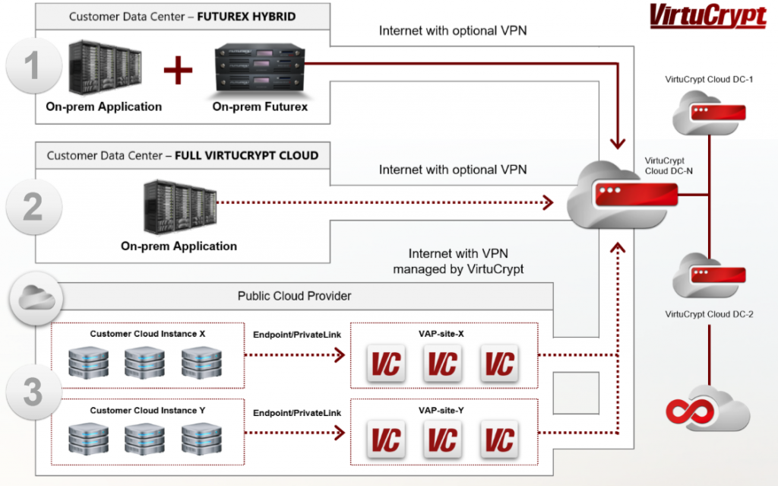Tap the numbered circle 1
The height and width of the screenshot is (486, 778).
[32, 66]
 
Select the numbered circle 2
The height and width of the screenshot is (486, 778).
[32, 206]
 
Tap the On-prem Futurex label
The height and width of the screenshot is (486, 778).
[260, 107]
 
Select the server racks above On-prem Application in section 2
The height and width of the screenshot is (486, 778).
[179, 207]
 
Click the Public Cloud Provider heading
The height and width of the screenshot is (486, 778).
[294, 296]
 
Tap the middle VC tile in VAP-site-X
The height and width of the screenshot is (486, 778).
[441, 364]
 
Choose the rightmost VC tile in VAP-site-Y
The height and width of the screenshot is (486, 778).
[498, 439]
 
